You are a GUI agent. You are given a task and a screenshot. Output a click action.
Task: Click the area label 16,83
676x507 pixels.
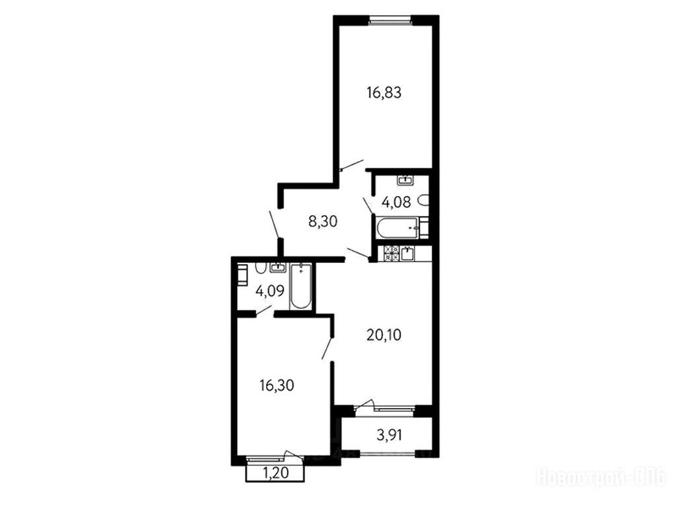[384, 92]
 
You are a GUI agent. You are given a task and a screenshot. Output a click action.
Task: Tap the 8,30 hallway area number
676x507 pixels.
[322, 221]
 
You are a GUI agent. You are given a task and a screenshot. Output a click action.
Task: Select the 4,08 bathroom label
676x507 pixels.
[396, 201]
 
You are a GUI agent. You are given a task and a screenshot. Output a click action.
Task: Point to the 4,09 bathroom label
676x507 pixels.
[270, 291]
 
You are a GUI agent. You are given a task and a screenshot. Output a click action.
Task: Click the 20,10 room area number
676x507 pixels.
[384, 335]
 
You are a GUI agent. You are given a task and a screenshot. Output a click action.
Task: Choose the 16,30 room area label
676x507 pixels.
[277, 385]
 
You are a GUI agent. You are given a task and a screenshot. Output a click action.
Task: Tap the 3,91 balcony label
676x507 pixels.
[389, 435]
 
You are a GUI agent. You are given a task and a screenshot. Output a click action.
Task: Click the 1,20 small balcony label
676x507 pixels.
[275, 473]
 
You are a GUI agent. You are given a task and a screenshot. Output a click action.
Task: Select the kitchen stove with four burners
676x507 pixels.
[391, 253]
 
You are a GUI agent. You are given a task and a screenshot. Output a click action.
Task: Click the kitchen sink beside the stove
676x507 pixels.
[407, 253]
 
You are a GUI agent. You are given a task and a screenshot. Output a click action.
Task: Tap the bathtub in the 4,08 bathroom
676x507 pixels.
[397, 228]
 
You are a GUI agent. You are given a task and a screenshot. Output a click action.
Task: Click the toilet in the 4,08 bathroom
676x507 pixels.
[424, 201]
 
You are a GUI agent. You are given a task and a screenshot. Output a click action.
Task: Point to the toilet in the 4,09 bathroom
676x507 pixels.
[260, 268]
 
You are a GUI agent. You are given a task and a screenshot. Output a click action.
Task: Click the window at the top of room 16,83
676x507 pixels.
[389, 18]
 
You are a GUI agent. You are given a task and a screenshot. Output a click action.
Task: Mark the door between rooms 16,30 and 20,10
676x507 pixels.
[327, 348]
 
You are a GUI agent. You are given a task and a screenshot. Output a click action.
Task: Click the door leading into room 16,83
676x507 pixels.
[352, 164]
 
